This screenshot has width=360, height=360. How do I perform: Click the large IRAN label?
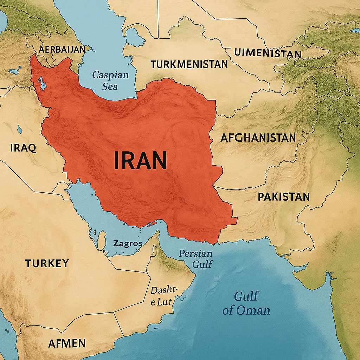tap(140, 160)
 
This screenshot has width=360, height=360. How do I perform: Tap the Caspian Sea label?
tap(110, 80)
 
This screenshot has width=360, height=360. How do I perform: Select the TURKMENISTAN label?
tap(189, 64)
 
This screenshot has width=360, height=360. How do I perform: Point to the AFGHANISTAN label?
tap(258, 137)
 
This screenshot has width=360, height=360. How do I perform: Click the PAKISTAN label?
tap(284, 197)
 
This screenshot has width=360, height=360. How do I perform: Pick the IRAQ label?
tap(23, 148)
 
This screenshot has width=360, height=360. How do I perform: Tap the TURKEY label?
tap(47, 263)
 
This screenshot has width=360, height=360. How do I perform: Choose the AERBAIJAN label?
tap(62, 50)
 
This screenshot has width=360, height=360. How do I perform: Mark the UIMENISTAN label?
tap(268, 53)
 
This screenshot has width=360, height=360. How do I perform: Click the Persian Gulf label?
tap(195, 259)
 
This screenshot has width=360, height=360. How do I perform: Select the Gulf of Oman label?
tap(246, 303)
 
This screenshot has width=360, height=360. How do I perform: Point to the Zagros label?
tap(128, 243)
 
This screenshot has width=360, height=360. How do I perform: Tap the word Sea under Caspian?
tap(110, 86)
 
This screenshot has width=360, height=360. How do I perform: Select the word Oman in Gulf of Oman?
tap(253, 310)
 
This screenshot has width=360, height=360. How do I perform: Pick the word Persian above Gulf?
tap(195, 253)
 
